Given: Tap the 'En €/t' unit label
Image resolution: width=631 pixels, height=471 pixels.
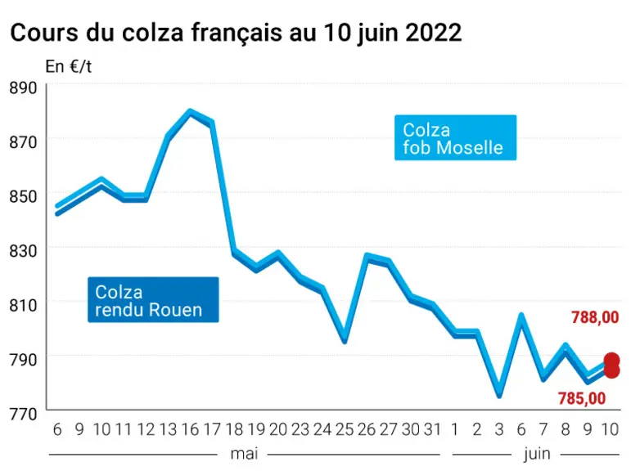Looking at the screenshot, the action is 69,66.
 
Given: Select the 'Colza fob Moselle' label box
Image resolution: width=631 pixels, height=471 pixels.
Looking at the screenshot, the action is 455,137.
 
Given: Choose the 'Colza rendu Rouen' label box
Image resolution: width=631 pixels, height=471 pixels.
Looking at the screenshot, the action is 153,299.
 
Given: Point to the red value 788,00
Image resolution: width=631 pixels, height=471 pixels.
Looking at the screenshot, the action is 595,317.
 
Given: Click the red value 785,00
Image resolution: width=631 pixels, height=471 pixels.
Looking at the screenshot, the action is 582,398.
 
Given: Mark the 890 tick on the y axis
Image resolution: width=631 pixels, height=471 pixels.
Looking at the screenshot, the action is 23,87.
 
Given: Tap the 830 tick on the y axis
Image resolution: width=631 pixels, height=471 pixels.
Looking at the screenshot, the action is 23,250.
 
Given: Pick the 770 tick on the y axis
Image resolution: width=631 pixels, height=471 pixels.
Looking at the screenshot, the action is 23,414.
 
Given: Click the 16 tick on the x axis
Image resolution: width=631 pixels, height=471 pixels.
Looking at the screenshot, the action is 190,429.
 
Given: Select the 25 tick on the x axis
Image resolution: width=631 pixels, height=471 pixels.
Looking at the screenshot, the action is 345,429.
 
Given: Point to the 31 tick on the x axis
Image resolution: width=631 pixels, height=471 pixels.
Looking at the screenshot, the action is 433,429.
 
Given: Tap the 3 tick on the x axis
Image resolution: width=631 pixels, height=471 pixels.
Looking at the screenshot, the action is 499,429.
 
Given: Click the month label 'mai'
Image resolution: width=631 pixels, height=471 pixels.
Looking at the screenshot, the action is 244,454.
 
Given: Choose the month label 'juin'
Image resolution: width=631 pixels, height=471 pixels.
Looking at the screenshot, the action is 537,455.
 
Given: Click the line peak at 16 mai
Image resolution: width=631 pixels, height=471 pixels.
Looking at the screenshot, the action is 190,111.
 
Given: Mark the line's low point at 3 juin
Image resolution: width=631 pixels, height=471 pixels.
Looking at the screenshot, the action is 499,395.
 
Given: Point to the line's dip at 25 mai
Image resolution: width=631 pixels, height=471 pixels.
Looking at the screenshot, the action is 345,341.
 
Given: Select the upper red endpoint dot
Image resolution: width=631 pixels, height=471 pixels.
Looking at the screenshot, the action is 611,360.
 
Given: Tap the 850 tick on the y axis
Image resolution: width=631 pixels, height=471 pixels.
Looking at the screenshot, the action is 23,196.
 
